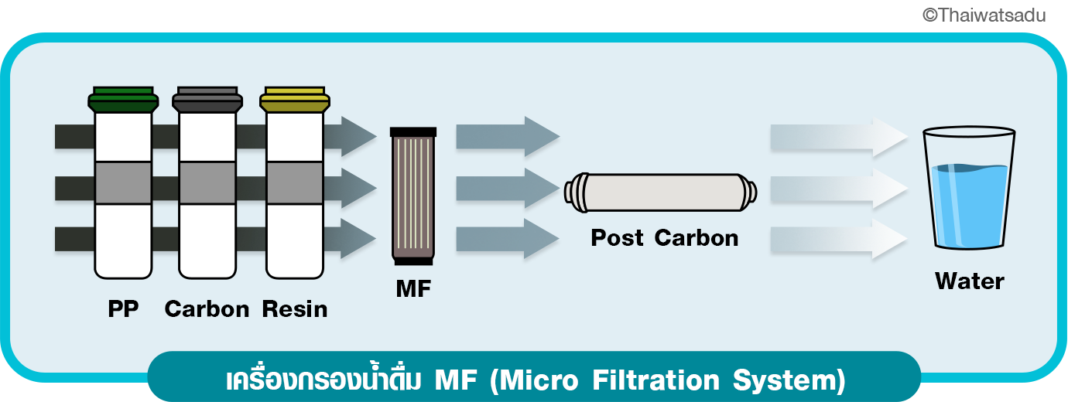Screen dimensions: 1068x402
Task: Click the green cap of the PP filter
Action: pyautogui.click(x=123, y=99)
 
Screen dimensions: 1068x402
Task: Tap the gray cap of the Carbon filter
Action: pyautogui.click(x=207, y=99)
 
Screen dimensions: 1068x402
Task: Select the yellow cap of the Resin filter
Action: pyautogui.click(x=295, y=99)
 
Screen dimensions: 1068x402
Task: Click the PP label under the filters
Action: pyautogui.click(x=123, y=308)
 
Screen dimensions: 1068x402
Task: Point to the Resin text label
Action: pyautogui.click(x=295, y=308)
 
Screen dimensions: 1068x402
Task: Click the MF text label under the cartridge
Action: pyautogui.click(x=413, y=288)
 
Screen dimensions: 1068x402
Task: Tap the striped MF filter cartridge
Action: pyautogui.click(x=413, y=196)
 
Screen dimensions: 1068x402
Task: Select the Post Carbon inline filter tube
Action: pyautogui.click(x=660, y=192)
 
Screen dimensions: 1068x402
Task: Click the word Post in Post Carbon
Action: pyautogui.click(x=617, y=237)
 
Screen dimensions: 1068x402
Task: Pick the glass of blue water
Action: pyautogui.click(x=969, y=188)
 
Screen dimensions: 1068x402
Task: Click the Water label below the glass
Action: pyautogui.click(x=969, y=281)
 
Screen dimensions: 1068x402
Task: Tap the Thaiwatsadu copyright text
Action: pyautogui.click(x=984, y=15)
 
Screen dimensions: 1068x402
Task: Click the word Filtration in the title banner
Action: pyautogui.click(x=656, y=380)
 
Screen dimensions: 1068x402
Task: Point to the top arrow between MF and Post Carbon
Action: pyautogui.click(x=508, y=136)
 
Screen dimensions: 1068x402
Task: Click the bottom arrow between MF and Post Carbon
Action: pyautogui.click(x=508, y=239)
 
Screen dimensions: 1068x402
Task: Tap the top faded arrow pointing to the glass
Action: pyautogui.click(x=839, y=137)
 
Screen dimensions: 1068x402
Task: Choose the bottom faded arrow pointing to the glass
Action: pyautogui.click(x=839, y=239)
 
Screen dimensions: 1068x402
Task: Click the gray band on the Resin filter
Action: pyautogui.click(x=295, y=183)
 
